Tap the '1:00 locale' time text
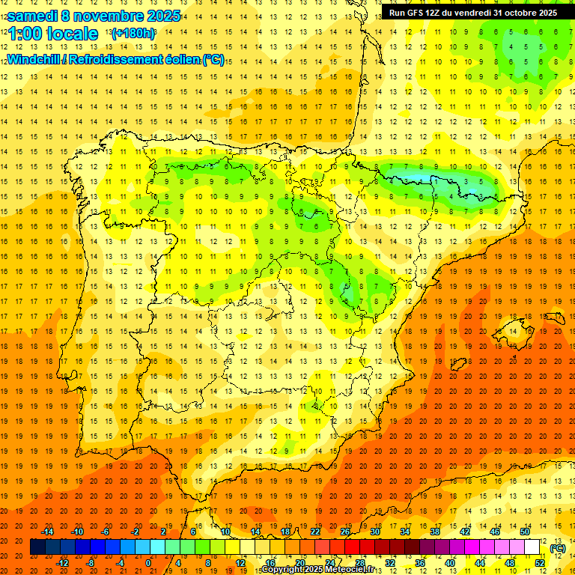tap(52, 34)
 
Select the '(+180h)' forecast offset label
tap(133, 34)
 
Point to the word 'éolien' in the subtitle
tap(180, 59)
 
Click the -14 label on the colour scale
tap(47, 532)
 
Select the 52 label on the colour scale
tap(541, 563)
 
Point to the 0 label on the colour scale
tap(148, 563)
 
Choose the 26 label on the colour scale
tap(345, 532)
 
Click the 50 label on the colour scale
tap(525, 532)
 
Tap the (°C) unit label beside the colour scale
tap(558, 548)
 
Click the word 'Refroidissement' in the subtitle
tap(117, 59)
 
